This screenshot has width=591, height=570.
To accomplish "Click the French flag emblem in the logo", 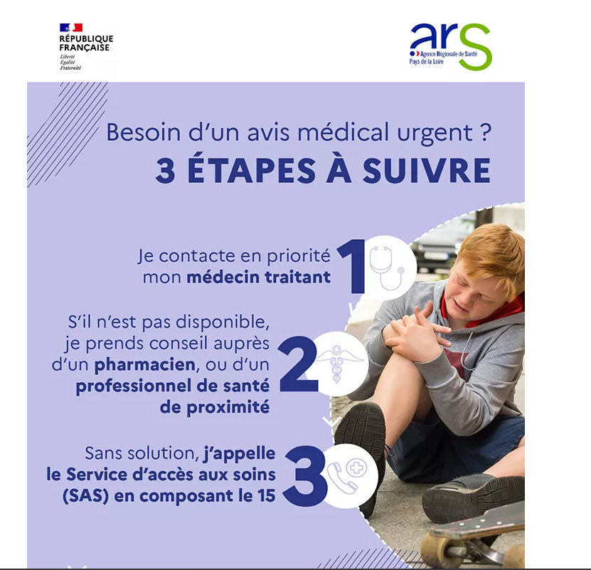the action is pyautogui.click(x=71, y=28).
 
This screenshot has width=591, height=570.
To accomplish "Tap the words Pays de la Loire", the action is pyautogui.click(x=426, y=62).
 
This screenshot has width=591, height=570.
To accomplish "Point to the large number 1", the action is pyautogui.click(x=352, y=266).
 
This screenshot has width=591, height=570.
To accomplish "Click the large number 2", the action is pyautogui.click(x=298, y=364).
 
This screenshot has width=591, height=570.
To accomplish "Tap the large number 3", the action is pyautogui.click(x=306, y=475).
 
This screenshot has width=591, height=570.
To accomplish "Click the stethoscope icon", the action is pyautogui.click(x=387, y=268).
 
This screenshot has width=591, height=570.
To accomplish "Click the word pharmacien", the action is pyautogui.click(x=145, y=365).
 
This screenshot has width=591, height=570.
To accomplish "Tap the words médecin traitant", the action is pyautogui.click(x=259, y=278).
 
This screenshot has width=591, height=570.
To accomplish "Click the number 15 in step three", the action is pyautogui.click(x=267, y=496).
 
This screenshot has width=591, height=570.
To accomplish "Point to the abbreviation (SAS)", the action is pyautogui.click(x=85, y=496).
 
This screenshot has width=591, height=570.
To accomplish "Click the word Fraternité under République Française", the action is pyautogui.click(x=70, y=68).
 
